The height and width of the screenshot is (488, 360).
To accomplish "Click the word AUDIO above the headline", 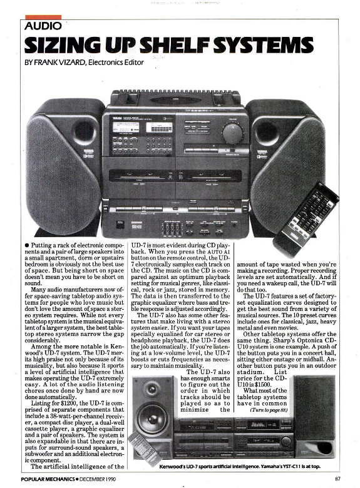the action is (43, 26).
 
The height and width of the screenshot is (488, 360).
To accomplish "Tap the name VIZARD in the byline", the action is (73, 63).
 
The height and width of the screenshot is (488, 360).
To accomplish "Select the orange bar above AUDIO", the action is (43, 17).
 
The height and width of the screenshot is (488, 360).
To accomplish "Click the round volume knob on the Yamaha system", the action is (232, 133).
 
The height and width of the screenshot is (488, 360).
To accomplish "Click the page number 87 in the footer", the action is (337, 479).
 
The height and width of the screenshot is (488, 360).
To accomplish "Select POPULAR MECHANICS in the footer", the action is (48, 479).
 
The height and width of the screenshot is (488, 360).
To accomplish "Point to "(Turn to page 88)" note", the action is (269, 410).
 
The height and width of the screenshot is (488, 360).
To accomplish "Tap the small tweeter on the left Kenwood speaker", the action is (152, 389).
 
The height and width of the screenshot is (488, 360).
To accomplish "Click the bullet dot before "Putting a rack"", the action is (27, 245).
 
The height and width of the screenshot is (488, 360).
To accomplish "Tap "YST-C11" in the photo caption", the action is (289, 467).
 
